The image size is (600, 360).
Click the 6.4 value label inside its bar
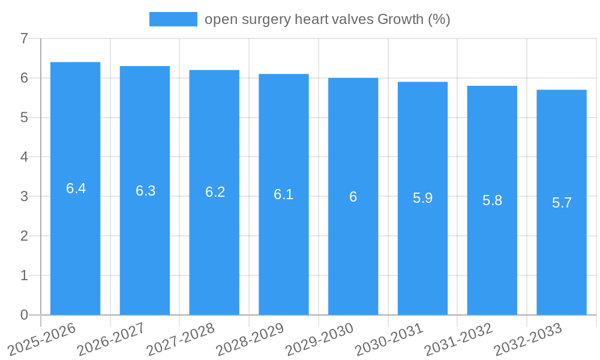click(76, 188)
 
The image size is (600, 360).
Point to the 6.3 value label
click(146, 191)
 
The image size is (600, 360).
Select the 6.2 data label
click(215, 192)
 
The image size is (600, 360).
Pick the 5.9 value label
click(423, 198)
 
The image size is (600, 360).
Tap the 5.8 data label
click(493, 200)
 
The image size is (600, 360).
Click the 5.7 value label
click(562, 203)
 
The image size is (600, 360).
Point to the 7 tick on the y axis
click(24, 39)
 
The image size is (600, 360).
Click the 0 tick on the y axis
click(24, 315)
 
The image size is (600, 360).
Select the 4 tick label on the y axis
click(24, 157)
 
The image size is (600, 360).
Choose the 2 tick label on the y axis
click(24, 236)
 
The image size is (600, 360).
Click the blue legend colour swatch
click(173, 19)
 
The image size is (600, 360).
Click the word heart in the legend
click(311, 19)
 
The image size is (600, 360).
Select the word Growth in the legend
click(400, 19)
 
